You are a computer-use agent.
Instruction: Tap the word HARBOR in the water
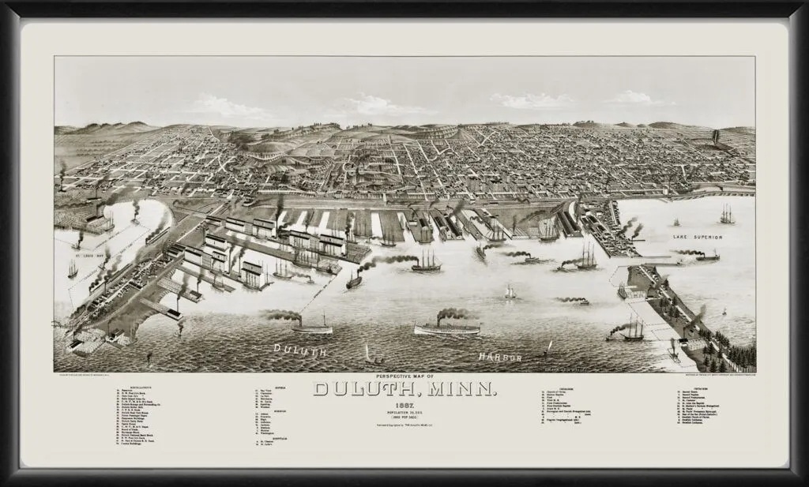click(502, 358)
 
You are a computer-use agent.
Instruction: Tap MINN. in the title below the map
click(472, 388)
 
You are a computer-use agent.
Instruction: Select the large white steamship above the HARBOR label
click(446, 326)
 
